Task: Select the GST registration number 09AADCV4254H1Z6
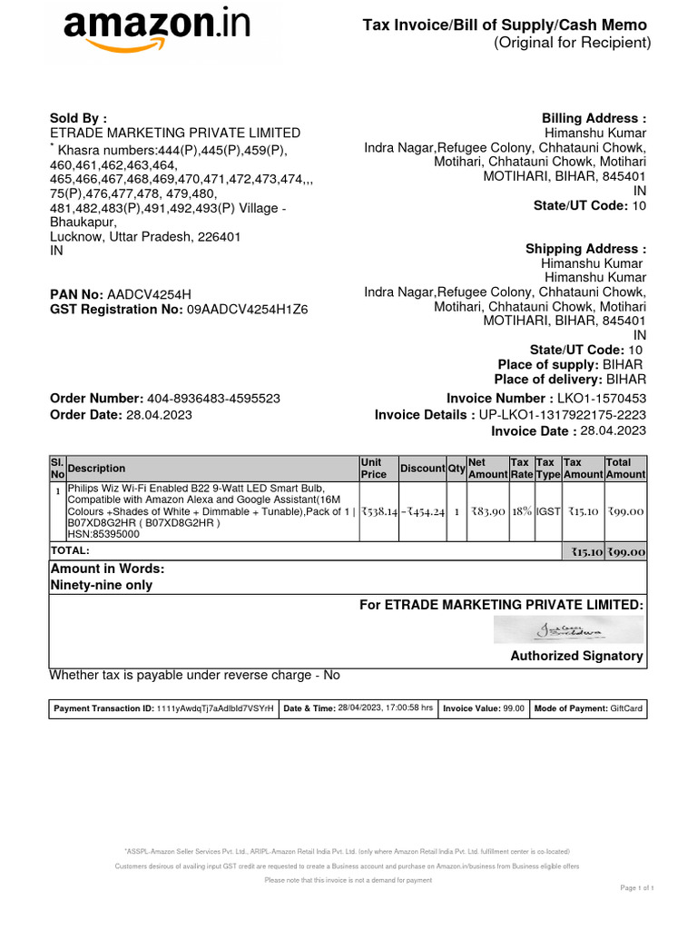pos(248,310)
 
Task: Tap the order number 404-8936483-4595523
pos(213,399)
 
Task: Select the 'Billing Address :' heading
pos(594,119)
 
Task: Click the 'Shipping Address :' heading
pos(585,250)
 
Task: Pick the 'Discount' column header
pos(422,469)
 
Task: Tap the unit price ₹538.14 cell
pos(378,512)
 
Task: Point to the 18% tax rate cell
pos(521,512)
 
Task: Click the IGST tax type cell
pos(547,512)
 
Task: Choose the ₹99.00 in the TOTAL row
pos(626,551)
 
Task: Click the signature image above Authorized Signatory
pos(568,628)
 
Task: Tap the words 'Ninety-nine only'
pos(101,586)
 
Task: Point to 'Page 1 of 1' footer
pos(636,887)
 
